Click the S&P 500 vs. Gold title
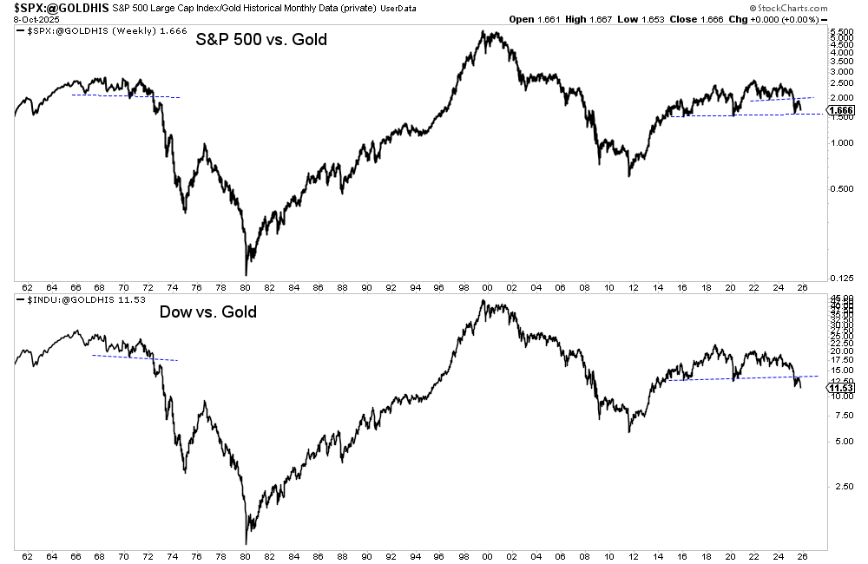click(260, 40)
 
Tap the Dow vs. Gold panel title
click(207, 312)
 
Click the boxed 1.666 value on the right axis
click(839, 110)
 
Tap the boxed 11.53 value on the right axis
click(838, 388)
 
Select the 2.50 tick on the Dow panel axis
click(836, 485)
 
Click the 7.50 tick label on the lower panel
click(836, 415)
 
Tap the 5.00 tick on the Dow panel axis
click(836, 441)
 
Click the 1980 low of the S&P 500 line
click(246, 274)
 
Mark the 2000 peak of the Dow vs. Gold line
click(483, 302)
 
